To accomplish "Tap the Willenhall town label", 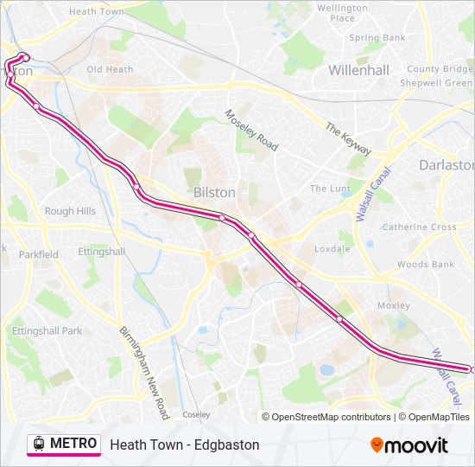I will pyautogui.click(x=358, y=69).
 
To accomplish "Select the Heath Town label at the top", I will pyautogui.click(x=96, y=12).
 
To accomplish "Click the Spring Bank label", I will pyautogui.click(x=377, y=38).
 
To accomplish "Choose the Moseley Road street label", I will pyautogui.click(x=251, y=130).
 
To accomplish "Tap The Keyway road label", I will pyautogui.click(x=348, y=138).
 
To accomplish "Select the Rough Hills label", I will pyautogui.click(x=70, y=211).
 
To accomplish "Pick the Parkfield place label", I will pyautogui.click(x=39, y=254).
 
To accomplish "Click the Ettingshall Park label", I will pyautogui.click(x=47, y=330).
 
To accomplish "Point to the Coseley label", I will pyautogui.click(x=196, y=414).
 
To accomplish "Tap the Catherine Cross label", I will pyautogui.click(x=419, y=227).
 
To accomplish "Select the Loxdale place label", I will pyautogui.click(x=332, y=249).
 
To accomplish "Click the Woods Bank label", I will pyautogui.click(x=425, y=265).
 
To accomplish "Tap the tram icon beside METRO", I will pyautogui.click(x=38, y=444).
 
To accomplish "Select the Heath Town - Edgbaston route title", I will pyautogui.click(x=185, y=445).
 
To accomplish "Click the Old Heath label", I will pyautogui.click(x=110, y=69).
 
